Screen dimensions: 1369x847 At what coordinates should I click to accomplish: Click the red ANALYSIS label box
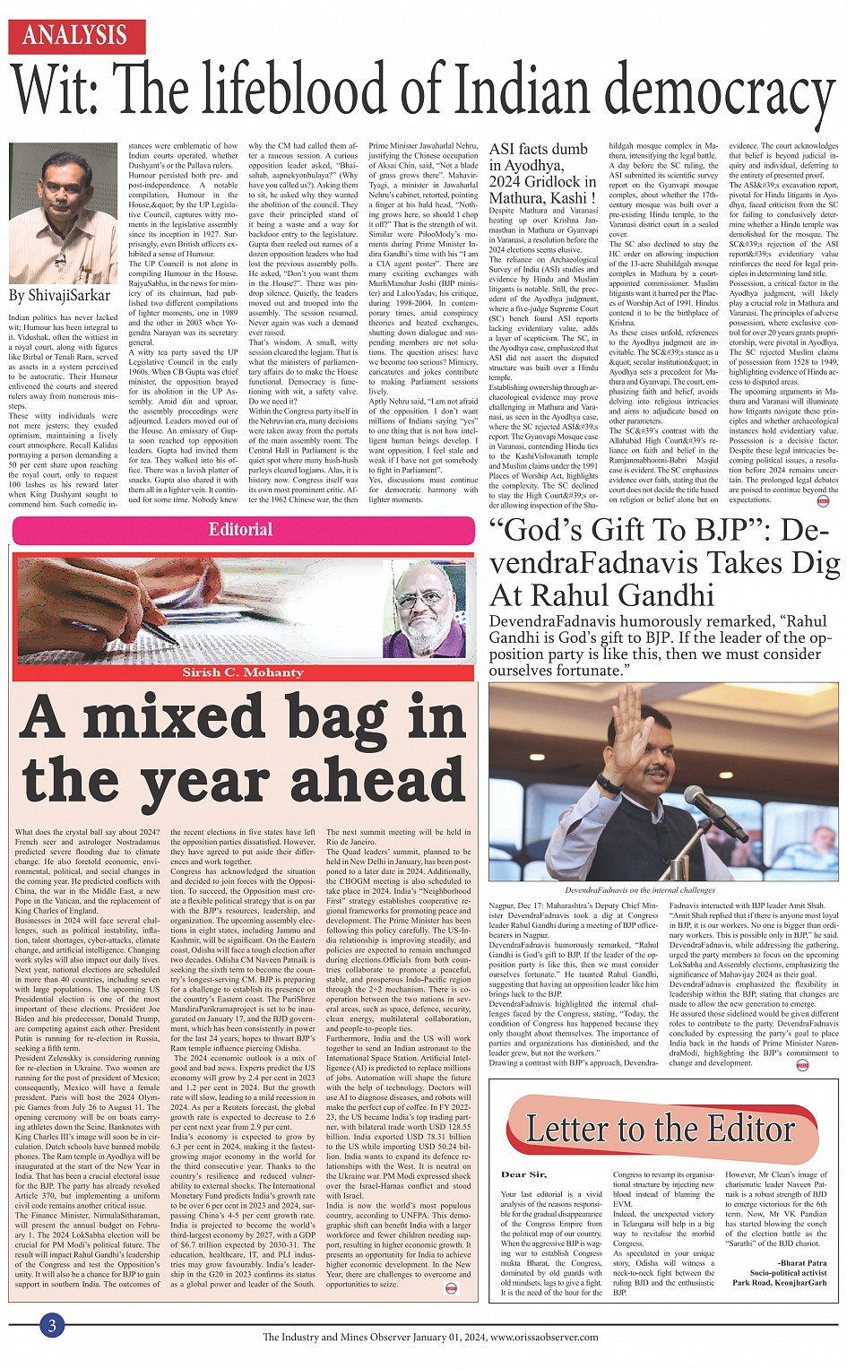click(75, 36)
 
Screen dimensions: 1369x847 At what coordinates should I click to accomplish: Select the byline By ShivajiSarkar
click(59, 295)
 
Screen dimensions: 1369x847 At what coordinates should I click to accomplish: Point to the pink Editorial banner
click(242, 530)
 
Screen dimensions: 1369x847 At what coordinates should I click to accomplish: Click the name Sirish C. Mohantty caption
click(243, 672)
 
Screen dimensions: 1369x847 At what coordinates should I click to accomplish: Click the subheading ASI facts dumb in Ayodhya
click(538, 158)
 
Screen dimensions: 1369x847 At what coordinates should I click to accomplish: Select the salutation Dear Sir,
click(523, 1174)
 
